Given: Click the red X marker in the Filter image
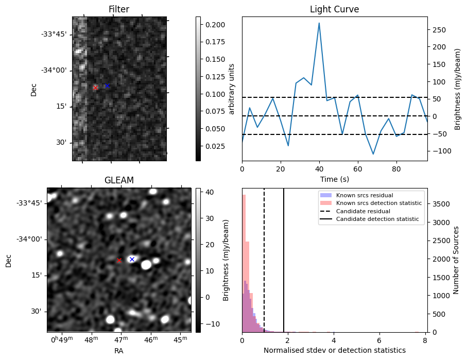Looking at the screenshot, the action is point(96,88).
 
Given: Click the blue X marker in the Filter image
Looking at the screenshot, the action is point(107,86).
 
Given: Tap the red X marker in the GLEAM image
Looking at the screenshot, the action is point(119,261).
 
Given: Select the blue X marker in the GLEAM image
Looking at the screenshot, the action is point(132,259).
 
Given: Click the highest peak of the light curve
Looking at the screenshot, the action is point(319,23).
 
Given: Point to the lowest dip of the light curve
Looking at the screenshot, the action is point(373,154).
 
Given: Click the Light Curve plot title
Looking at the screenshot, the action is point(335,9).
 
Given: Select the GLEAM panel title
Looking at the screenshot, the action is point(119,180).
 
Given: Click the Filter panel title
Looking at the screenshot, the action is point(119,9).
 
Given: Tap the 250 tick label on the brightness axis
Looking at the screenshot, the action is point(439,30).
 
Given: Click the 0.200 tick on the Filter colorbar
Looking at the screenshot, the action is point(215,25).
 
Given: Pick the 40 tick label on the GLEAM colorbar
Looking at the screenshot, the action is point(210,192).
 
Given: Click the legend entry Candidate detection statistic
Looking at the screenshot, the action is point(377,219).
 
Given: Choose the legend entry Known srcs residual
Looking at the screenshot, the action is point(365,196).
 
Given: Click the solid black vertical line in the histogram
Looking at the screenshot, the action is point(284,260).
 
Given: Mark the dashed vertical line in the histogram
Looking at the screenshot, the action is point(264,260).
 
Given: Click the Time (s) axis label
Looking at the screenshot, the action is point(335,179).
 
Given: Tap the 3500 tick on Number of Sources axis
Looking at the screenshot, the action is point(441,204).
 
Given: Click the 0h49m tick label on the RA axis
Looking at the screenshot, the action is point(62,340).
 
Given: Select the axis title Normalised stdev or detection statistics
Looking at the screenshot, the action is point(335,350).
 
